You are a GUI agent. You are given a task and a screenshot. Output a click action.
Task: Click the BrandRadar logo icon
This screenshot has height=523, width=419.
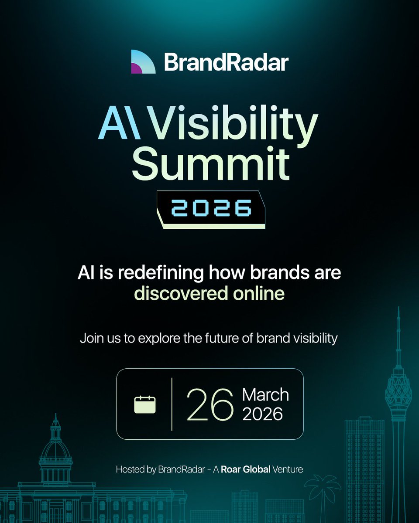(x=143, y=61)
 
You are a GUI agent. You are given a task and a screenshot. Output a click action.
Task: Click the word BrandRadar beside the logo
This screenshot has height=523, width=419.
(x=226, y=62)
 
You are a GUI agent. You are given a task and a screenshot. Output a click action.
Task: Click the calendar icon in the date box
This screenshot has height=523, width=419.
(x=144, y=404)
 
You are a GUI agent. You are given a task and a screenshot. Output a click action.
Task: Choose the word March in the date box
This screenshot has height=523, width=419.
(x=265, y=395)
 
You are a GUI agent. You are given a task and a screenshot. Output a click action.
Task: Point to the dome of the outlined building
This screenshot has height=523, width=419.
(x=55, y=449)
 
